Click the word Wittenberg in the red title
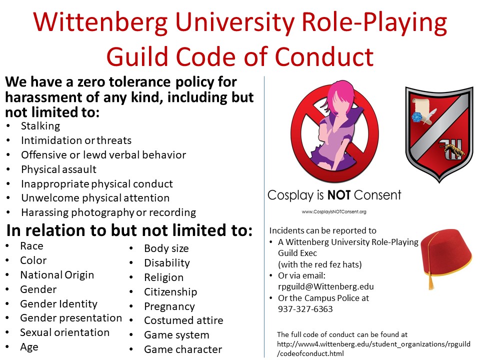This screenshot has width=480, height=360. pyautogui.click(x=100, y=22)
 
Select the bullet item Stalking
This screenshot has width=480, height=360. pyautogui.click(x=40, y=126)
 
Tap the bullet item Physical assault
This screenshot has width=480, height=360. pyautogui.click(x=58, y=169)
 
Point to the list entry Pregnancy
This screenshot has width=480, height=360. pyautogui.click(x=169, y=306)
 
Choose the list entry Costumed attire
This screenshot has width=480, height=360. pyautogui.click(x=183, y=320)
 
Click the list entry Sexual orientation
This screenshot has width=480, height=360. pyautogui.click(x=64, y=332)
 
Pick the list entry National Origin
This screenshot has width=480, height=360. pyautogui.click(x=57, y=275)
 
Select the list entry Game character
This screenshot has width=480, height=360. pyautogui.click(x=183, y=349)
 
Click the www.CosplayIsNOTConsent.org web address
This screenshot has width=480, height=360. pyautogui.click(x=334, y=211)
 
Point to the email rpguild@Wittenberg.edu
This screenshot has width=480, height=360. pyautogui.click(x=325, y=286)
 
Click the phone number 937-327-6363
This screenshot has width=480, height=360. pyautogui.click(x=305, y=309)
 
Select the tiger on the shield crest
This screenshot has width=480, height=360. pyautogui.click(x=452, y=149)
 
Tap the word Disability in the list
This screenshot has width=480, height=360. pyautogui.click(x=167, y=263)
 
